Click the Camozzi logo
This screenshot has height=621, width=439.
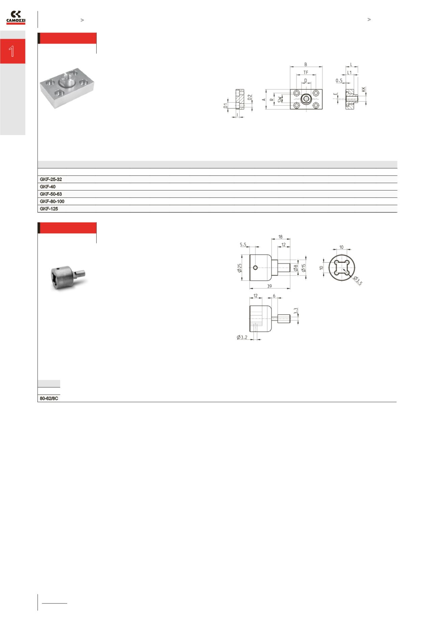click(16, 18)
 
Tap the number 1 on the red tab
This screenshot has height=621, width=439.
click(12, 51)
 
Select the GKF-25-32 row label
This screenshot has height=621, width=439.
click(51, 179)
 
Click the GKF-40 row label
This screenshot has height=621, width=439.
click(48, 187)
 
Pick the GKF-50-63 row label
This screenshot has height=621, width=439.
click(51, 194)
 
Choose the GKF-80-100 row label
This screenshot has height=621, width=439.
click(52, 201)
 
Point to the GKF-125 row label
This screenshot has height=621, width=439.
click(49, 209)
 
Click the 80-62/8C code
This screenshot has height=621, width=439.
click(49, 398)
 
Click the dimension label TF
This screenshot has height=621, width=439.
click(306, 72)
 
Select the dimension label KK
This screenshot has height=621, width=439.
click(363, 89)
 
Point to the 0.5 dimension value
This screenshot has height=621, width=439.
click(339, 80)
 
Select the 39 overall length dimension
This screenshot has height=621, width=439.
click(270, 286)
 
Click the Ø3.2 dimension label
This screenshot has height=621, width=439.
click(242, 337)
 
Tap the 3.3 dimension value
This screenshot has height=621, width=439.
click(296, 311)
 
